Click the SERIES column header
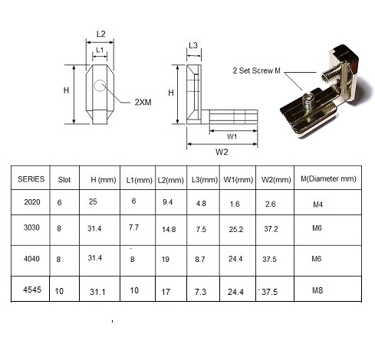[x=30, y=178]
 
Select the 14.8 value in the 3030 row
[x=169, y=229]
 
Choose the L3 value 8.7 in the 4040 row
[x=200, y=260]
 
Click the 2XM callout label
[x=143, y=102]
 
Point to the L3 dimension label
[x=193, y=47]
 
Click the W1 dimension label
[x=231, y=137]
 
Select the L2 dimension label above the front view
[x=100, y=34]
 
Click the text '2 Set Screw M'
[x=257, y=70]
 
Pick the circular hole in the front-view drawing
[x=100, y=86]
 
